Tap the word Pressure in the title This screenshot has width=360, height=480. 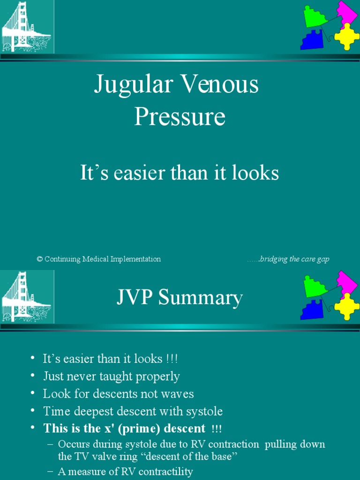[x=180, y=117]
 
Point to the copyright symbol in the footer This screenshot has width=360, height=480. [x=39, y=259]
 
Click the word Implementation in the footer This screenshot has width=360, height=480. [x=135, y=259]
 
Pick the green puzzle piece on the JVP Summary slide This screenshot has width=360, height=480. [x=314, y=286]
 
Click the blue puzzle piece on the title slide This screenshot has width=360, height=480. [x=312, y=40]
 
